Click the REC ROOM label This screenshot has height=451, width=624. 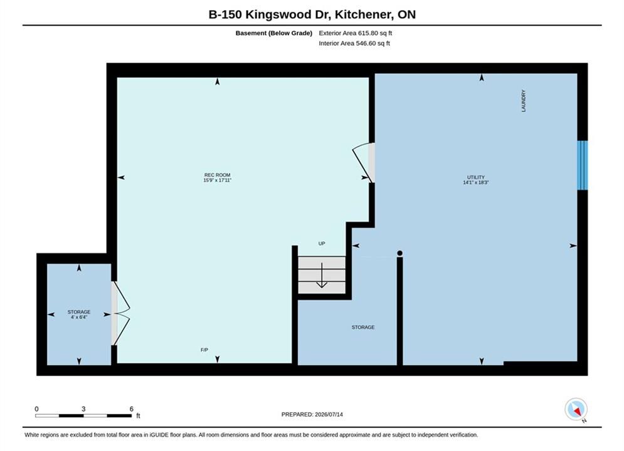217,175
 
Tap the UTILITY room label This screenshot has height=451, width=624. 476,177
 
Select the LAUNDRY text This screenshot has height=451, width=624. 523,100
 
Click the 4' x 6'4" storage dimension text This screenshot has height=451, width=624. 79,317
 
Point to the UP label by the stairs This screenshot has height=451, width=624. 322,244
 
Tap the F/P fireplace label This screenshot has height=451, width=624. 204,350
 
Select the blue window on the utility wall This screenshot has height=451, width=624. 582,165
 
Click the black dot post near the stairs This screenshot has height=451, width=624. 399,253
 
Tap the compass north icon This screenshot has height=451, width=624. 576,409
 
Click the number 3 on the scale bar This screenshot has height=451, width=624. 83,409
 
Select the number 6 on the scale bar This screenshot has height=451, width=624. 131,409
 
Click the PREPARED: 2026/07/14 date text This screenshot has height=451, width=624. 312,414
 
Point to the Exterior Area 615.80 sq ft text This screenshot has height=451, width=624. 356,33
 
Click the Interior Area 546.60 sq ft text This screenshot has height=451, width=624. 354,43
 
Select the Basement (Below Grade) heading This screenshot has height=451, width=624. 274,33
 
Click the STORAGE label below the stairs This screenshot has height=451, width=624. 363,328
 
